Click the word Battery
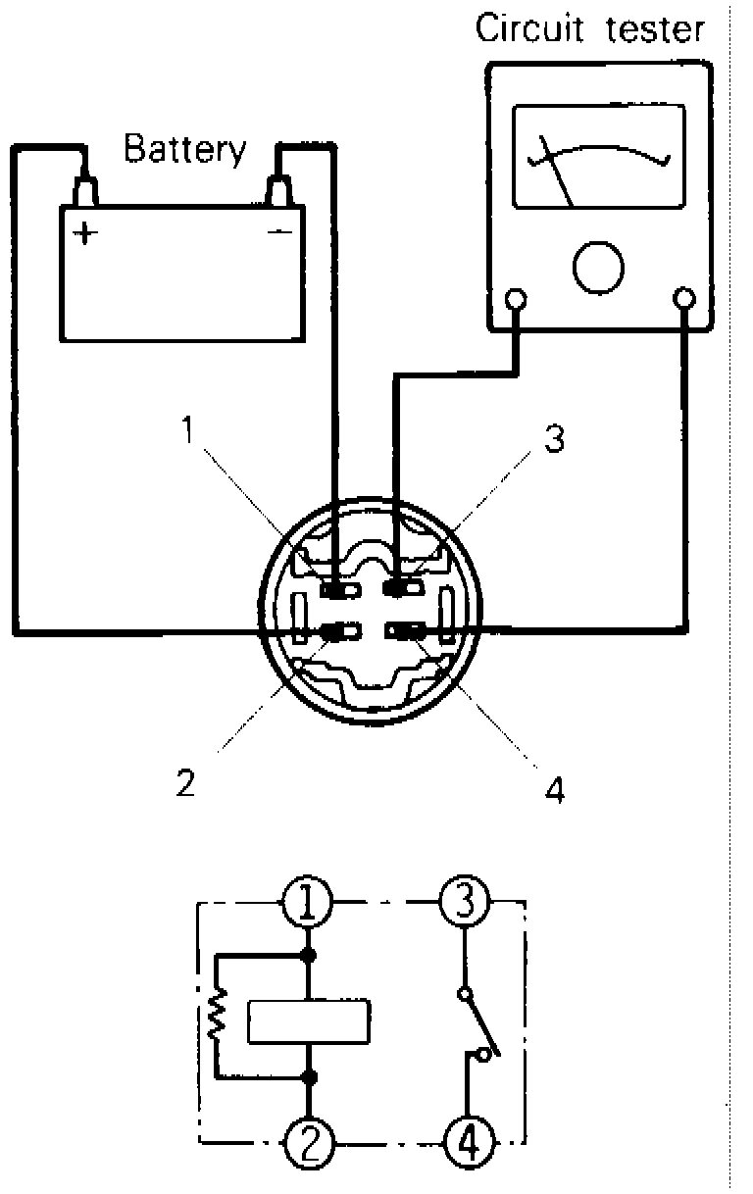pos(184,149)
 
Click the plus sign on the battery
pos(87,233)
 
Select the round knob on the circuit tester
pos(598,265)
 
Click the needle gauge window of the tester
pos(599,157)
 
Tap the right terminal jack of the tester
pos(685,298)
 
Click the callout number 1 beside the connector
pos(189,429)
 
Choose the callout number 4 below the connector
pos(555,789)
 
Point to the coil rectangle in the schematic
pos(309,1022)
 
